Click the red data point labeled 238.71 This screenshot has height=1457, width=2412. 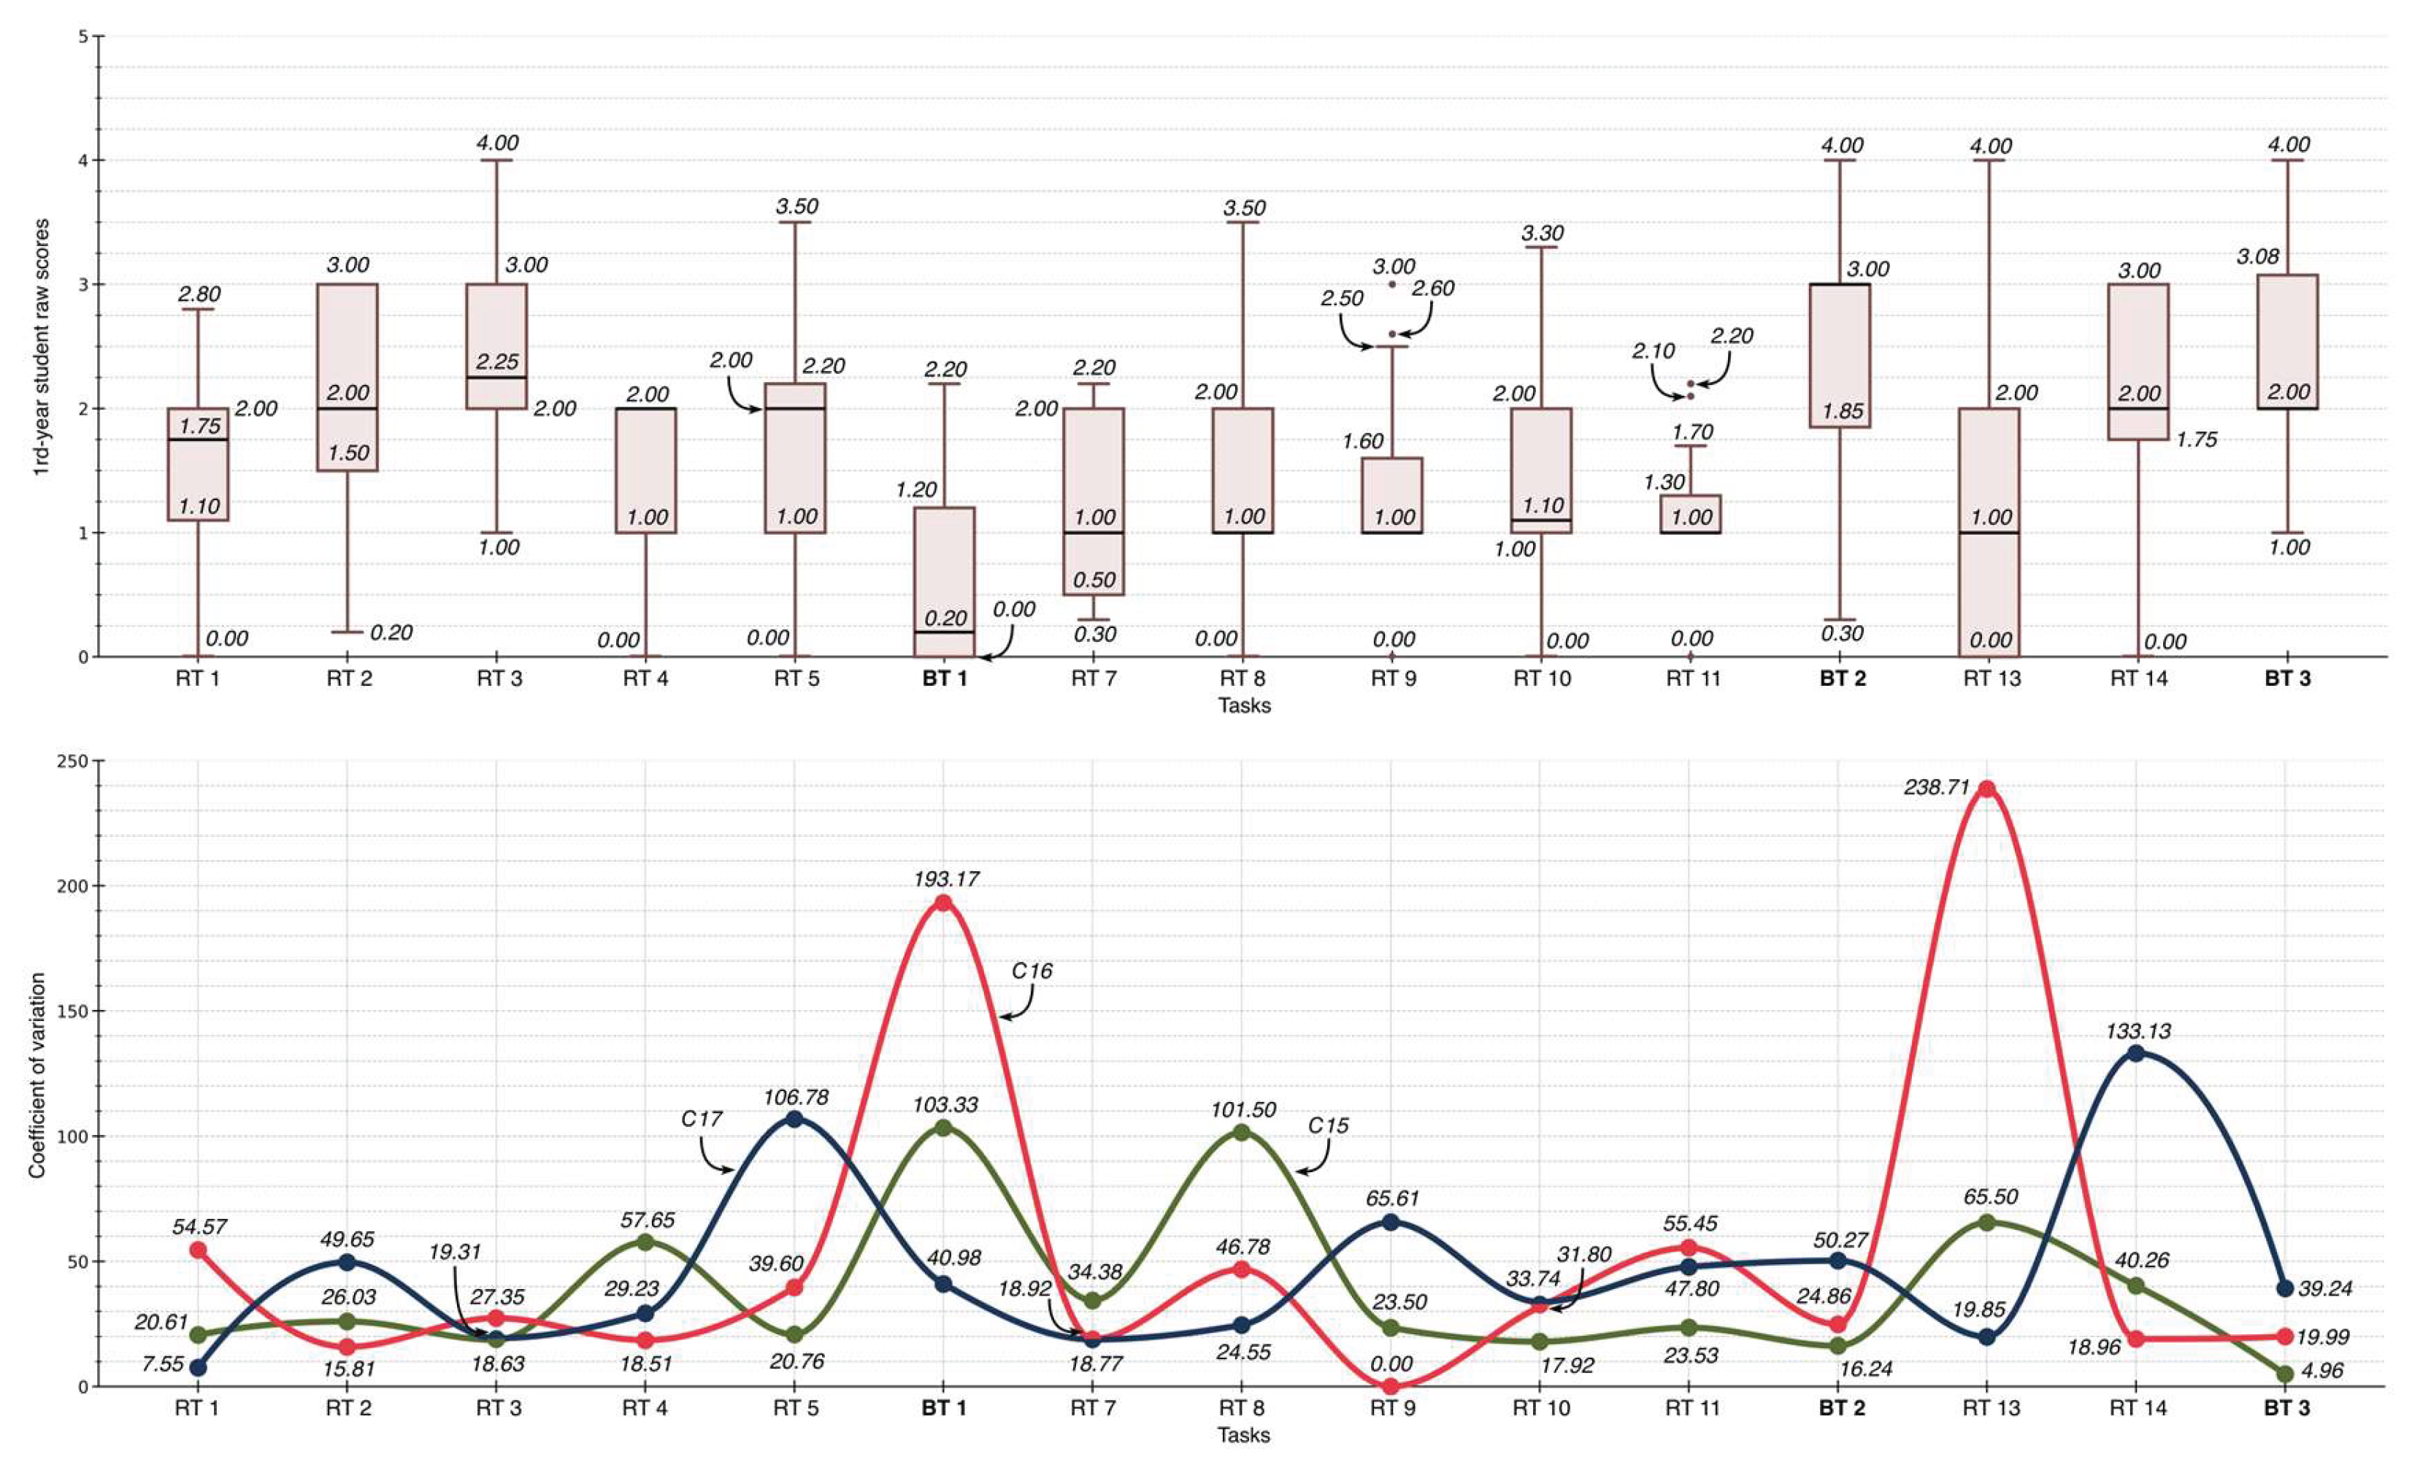[1986, 789]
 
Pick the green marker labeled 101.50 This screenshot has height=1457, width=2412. [1241, 1133]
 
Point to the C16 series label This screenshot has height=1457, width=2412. [1032, 971]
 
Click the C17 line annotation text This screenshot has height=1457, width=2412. [702, 1118]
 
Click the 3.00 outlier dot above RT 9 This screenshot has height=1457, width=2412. [1392, 284]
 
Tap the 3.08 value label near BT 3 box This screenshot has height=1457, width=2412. [2257, 256]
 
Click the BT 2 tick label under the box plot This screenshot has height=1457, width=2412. [1843, 678]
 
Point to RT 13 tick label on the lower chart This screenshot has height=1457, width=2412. [1990, 1408]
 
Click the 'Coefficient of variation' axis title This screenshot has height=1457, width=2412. [37, 1074]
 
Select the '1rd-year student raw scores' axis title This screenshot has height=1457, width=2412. [40, 348]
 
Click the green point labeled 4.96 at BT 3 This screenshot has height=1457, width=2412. [2286, 1374]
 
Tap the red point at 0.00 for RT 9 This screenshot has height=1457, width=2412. [1390, 1386]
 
